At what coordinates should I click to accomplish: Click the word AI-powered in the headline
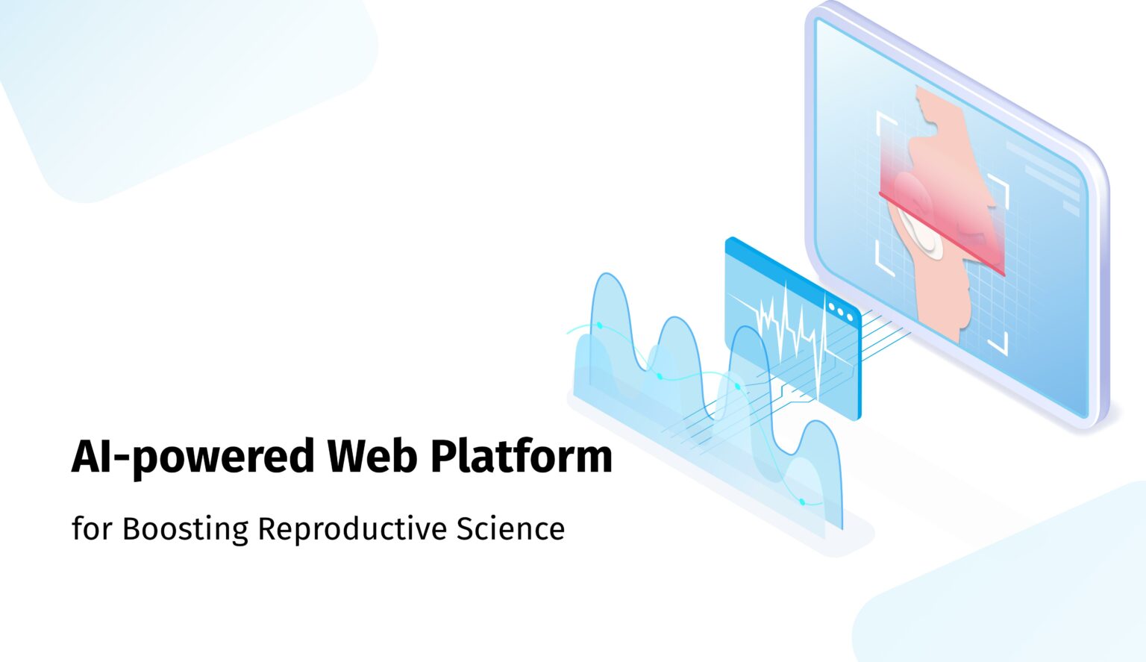192,457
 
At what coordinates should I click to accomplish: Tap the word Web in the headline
372,457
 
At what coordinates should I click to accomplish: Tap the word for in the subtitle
92,529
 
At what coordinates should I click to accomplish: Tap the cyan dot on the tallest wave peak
599,325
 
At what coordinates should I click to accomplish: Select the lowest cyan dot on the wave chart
802,502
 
